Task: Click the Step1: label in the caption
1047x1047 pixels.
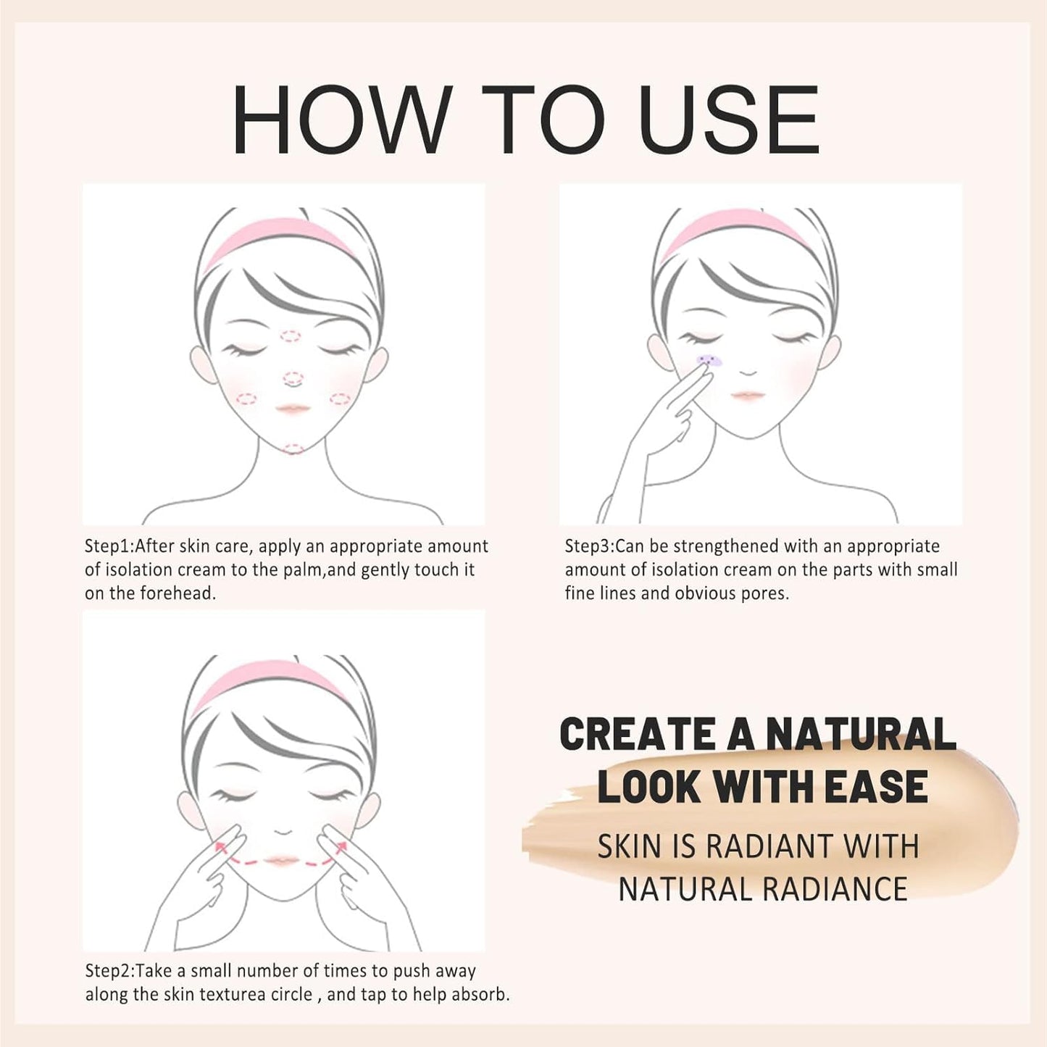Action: click(109, 546)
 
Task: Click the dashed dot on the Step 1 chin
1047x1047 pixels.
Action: click(293, 449)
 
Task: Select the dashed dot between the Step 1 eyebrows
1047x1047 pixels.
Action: click(291, 336)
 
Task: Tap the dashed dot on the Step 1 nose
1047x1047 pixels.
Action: click(293, 378)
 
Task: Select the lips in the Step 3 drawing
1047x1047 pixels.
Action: click(748, 396)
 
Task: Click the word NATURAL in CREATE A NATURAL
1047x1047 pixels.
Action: click(861, 734)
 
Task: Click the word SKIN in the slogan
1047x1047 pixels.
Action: click(629, 846)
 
